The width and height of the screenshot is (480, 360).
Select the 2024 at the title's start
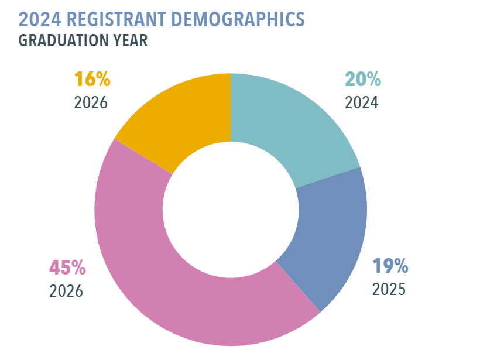click(38, 19)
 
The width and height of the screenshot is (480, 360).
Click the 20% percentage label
click(363, 80)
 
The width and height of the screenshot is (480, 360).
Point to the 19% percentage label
click(390, 266)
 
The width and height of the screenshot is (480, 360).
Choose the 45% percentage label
click(67, 268)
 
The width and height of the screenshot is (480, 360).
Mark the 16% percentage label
click(92, 79)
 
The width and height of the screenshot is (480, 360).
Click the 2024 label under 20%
click(362, 102)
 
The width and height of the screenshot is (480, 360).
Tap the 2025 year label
click(389, 289)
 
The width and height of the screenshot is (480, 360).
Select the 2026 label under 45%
click(66, 291)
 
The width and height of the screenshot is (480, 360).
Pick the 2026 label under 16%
click(91, 102)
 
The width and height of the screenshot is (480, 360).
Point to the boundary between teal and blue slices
click(328, 178)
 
